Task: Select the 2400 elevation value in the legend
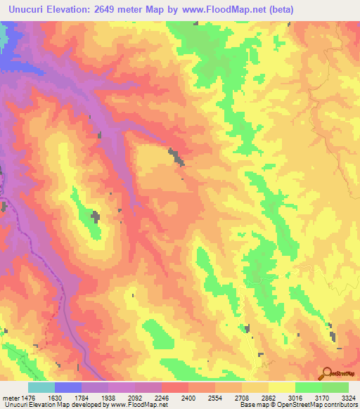click(x=188, y=397)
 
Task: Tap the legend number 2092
click(x=134, y=397)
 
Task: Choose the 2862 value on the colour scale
click(x=268, y=397)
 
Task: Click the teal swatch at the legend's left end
click(x=41, y=387)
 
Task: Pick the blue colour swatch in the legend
click(x=68, y=387)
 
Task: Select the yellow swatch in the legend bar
click(x=281, y=387)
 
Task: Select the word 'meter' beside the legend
click(x=11, y=397)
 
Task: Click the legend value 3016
click(x=295, y=397)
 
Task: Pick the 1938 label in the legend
click(x=108, y=397)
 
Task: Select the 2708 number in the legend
click(x=241, y=397)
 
